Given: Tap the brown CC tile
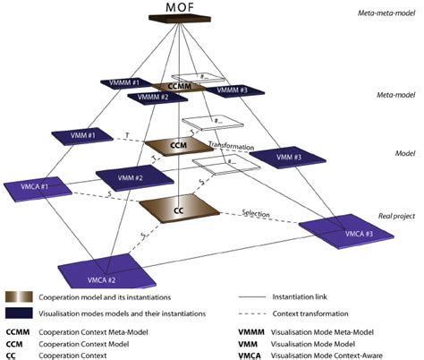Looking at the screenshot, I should coord(179,209).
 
